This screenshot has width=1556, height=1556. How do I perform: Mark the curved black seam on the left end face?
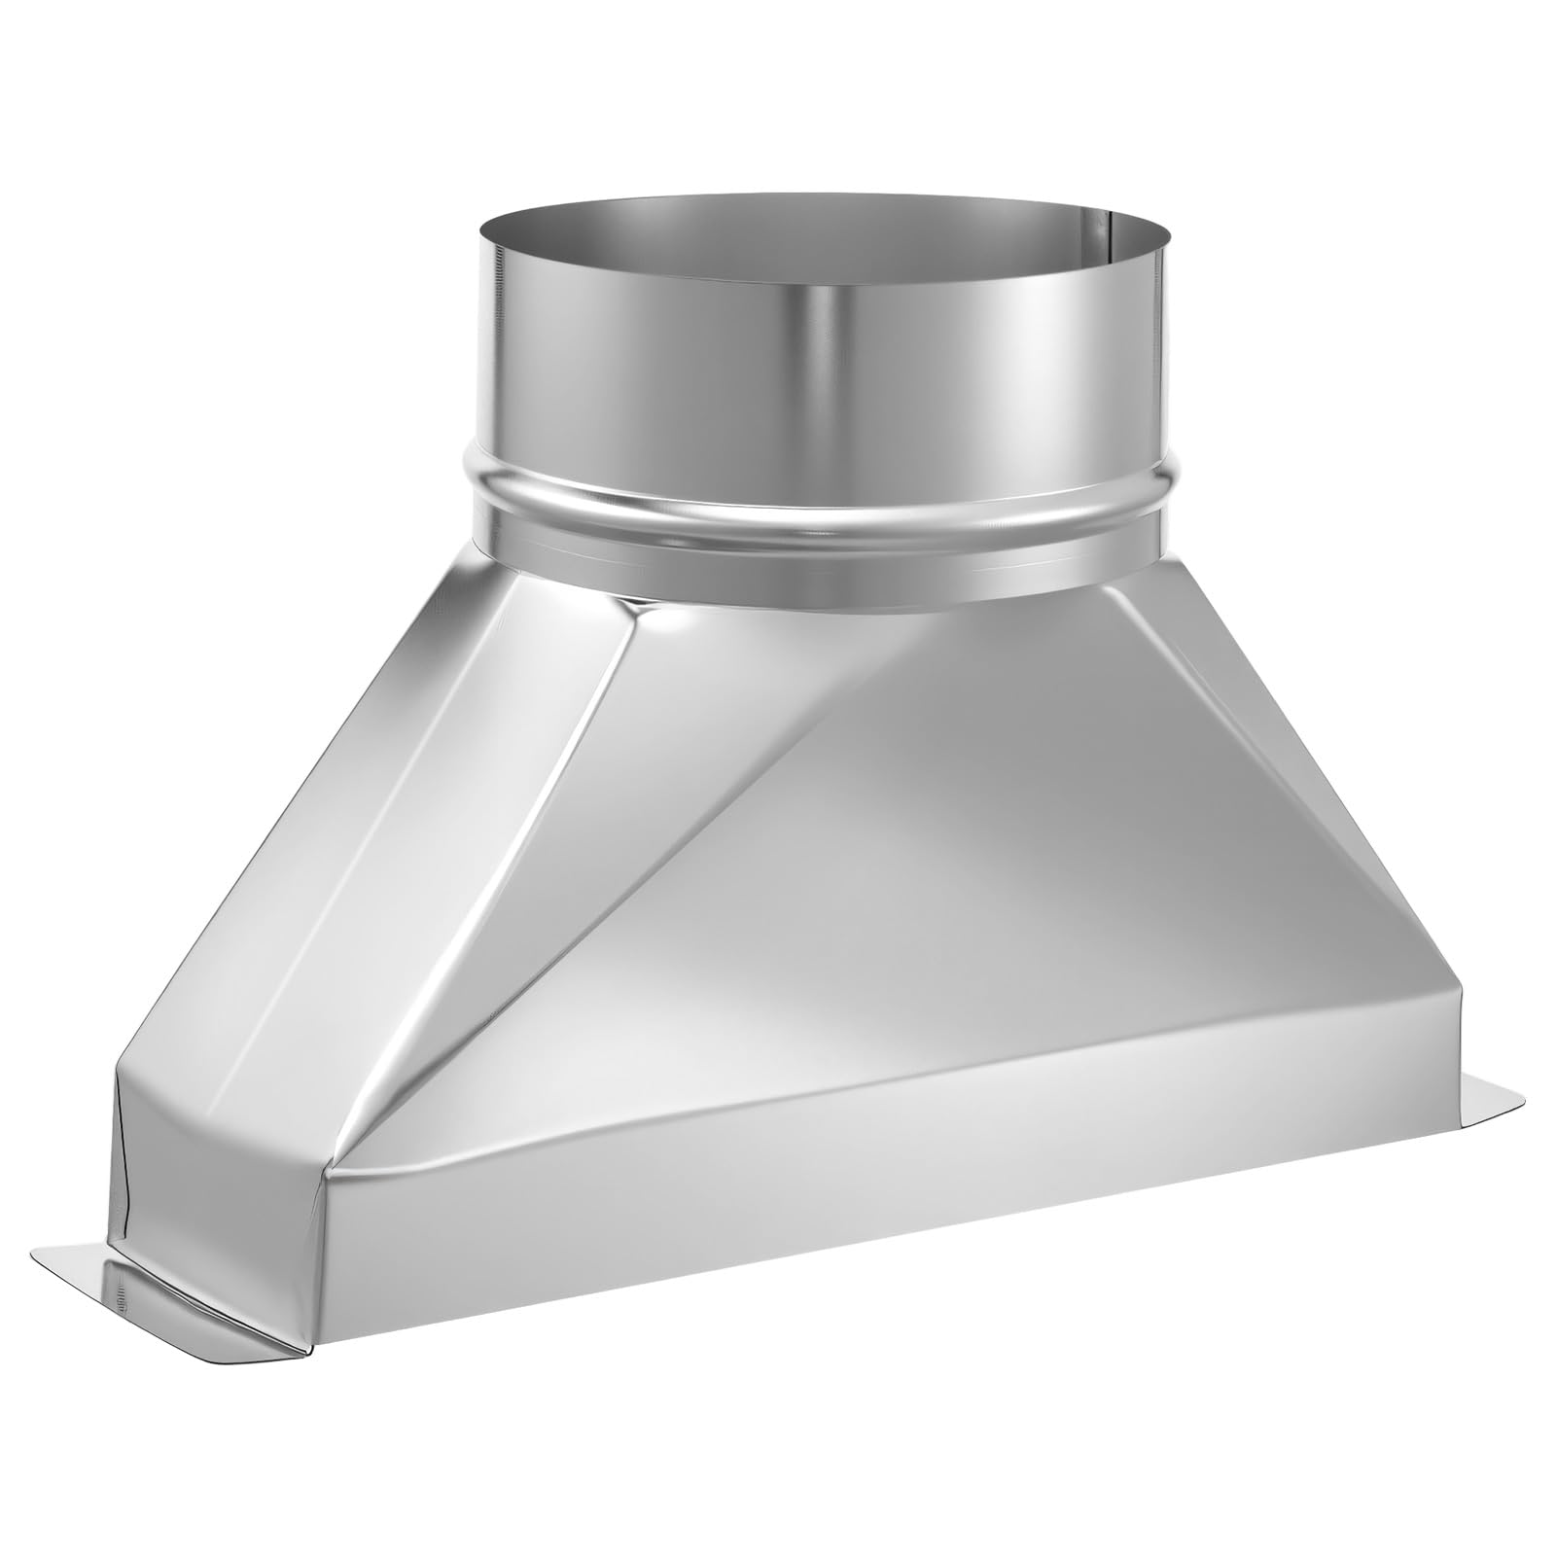(126, 1177)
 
